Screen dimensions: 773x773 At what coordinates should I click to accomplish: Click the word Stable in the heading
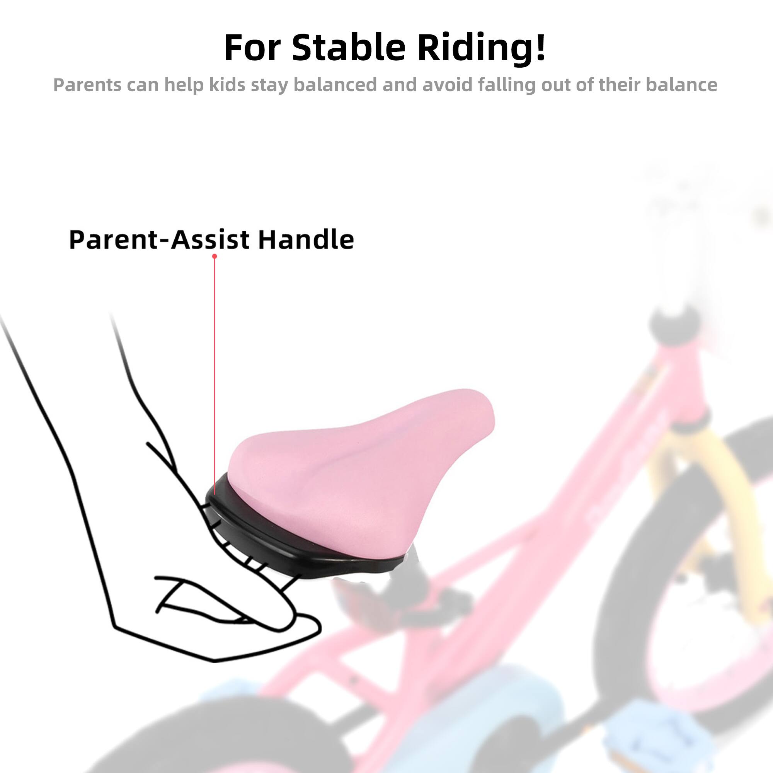click(x=349, y=48)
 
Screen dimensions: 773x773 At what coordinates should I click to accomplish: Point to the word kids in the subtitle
click(x=227, y=85)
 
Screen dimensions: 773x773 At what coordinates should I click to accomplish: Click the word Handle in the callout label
click(x=306, y=240)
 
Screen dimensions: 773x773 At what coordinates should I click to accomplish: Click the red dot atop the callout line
click(x=215, y=256)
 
